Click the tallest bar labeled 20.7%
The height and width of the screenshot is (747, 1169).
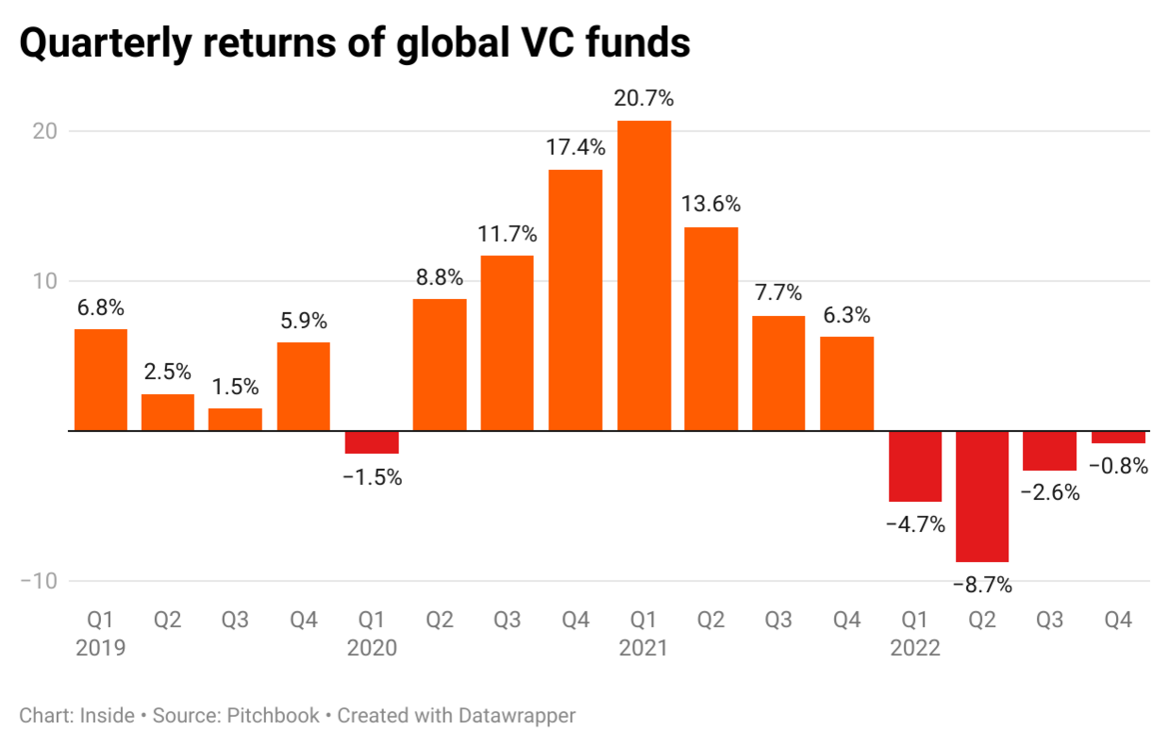point(643,276)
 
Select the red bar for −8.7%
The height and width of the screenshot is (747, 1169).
point(981,496)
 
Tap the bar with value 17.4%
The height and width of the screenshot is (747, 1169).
point(576,300)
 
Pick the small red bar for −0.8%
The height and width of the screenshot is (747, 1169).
point(1118,437)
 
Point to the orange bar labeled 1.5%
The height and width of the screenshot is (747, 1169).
point(235,419)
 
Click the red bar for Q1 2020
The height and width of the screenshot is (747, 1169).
point(372,442)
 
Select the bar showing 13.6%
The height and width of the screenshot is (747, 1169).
point(710,329)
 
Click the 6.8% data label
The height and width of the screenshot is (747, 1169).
point(100,308)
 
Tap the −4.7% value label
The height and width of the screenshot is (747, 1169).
point(915,524)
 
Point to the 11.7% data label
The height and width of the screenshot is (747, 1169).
point(507,235)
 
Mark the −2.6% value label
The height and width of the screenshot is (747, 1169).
point(1050,493)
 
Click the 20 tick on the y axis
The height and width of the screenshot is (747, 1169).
point(46,131)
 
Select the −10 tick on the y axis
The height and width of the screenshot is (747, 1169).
point(40,581)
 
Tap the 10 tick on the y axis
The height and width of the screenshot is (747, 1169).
point(46,281)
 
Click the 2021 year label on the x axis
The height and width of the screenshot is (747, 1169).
point(643,649)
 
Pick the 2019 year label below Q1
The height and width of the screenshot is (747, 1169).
point(100,649)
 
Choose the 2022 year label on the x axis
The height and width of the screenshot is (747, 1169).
point(915,649)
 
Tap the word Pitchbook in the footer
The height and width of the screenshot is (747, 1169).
point(272,716)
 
